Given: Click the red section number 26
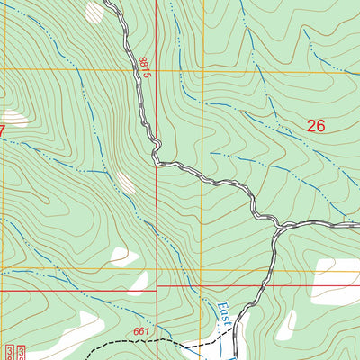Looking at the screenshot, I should pos(315,127).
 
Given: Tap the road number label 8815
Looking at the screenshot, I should pos(143,67).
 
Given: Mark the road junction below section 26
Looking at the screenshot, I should pos(276,231).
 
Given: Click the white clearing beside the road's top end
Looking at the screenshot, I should pos(94,11).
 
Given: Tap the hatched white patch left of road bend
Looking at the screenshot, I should pos(127,184).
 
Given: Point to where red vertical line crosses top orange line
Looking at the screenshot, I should pos(157,69).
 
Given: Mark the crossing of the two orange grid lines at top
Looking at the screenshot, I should pos(202,69).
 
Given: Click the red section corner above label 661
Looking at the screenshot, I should pos(157,286).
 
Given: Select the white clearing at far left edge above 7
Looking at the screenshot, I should pos(3,94).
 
